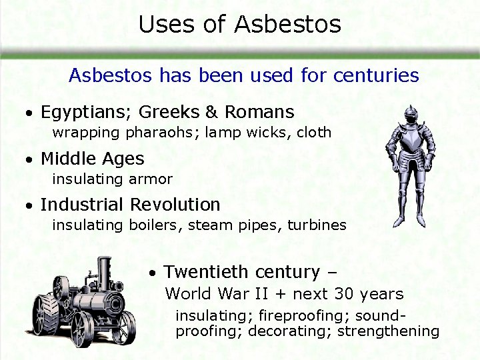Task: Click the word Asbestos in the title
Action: click(x=287, y=25)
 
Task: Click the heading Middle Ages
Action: click(x=92, y=159)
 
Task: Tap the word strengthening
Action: click(x=388, y=331)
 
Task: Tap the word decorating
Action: click(x=289, y=331)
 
